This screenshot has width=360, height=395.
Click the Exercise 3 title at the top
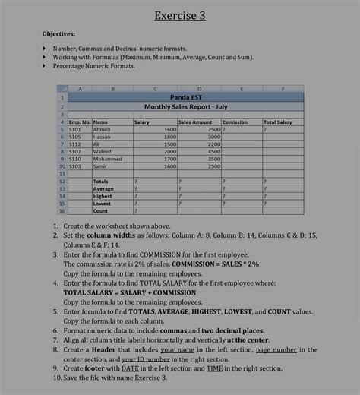180,15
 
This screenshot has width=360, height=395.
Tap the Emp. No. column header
79,122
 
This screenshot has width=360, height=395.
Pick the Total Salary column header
278,122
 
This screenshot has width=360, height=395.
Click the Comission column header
235,122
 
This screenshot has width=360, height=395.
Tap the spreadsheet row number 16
61,210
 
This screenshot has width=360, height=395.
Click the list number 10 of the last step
57,378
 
